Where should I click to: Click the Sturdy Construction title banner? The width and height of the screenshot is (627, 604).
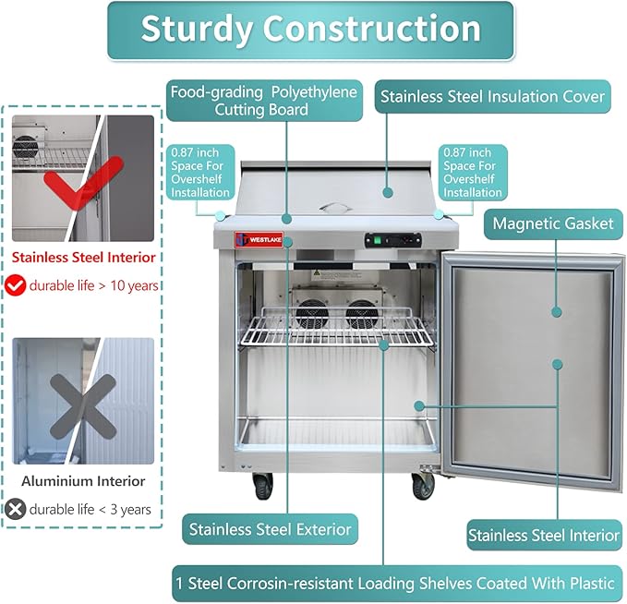coord(310,30)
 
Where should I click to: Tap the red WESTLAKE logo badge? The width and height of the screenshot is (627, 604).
coord(259,239)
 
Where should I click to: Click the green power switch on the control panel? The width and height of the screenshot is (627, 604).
coord(376,240)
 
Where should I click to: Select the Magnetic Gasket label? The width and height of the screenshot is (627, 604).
coord(553,224)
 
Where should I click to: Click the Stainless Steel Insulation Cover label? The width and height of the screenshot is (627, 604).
coord(493,97)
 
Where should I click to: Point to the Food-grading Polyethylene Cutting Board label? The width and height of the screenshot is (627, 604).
coord(264,101)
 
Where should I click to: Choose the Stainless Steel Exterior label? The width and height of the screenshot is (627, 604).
coord(270,529)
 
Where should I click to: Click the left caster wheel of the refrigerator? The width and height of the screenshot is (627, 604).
coord(263,487)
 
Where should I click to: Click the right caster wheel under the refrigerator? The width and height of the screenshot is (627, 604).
coord(423,486)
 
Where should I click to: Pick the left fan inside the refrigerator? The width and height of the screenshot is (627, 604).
coord(312,314)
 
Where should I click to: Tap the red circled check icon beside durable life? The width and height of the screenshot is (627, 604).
coord(15,285)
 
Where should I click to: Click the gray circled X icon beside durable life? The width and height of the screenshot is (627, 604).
coord(15,509)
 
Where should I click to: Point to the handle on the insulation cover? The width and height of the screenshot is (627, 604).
coord(335,207)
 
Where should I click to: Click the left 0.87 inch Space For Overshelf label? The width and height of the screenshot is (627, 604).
coord(200,173)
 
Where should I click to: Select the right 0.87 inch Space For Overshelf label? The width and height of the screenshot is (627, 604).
coord(473,173)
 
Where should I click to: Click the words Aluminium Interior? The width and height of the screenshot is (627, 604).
coord(83,481)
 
